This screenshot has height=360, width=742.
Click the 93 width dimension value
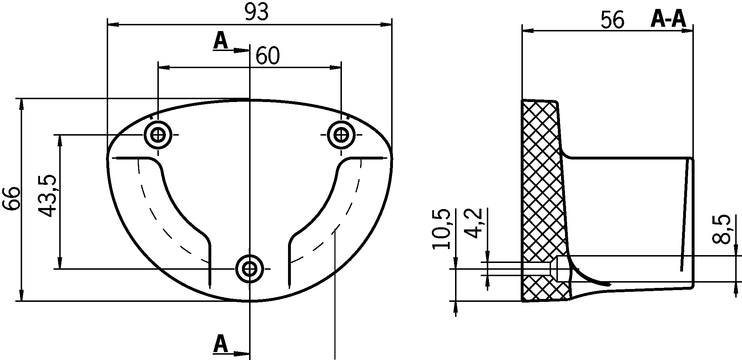point(256,13)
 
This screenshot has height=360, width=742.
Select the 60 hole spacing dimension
point(268,56)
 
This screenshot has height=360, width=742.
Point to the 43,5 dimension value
point(47,196)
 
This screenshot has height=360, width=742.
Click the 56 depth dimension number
point(612,20)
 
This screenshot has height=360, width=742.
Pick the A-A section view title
point(668,19)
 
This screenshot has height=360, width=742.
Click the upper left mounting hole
point(157,135)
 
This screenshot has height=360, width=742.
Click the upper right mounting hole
point(341,135)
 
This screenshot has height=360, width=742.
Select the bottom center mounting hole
point(249,269)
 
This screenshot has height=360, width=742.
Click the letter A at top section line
point(220,41)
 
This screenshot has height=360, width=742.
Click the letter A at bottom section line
point(220,344)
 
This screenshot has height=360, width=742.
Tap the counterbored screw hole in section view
point(559,269)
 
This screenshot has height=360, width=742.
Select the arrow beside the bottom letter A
point(241,354)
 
